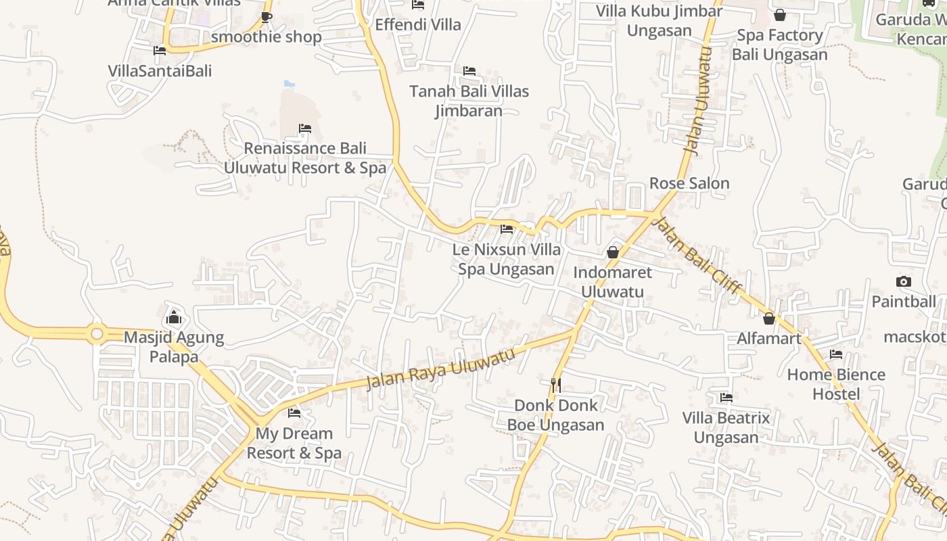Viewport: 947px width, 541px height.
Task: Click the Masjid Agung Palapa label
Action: click(174, 347)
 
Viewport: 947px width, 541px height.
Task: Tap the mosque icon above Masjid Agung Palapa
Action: click(174, 316)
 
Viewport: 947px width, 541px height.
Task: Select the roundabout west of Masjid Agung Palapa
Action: click(97, 333)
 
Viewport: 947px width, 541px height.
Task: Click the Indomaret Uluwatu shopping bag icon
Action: click(613, 252)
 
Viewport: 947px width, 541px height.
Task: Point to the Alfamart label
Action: click(769, 338)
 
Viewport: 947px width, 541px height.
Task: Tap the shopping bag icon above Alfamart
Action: click(769, 318)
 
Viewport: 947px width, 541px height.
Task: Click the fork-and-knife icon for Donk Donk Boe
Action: click(556, 385)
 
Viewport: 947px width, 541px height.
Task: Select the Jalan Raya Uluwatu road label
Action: click(440, 369)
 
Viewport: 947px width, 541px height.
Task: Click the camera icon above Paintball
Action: click(904, 281)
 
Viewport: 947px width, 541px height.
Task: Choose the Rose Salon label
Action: click(689, 183)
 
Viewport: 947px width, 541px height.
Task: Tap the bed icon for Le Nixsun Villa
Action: click(507, 229)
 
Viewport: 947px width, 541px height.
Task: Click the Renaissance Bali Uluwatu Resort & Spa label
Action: click(305, 158)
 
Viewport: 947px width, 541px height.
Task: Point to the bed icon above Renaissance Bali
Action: click(305, 128)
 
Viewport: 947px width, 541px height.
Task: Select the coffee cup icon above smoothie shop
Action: click(267, 17)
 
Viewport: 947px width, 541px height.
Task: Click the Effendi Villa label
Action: click(418, 25)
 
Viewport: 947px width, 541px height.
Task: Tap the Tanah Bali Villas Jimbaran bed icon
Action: click(469, 71)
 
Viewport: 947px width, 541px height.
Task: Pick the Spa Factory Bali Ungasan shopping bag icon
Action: click(780, 15)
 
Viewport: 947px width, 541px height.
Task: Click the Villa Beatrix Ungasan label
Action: click(726, 427)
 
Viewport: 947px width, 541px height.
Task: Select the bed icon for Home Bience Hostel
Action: click(837, 354)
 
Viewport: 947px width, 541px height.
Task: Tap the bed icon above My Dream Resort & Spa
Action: click(294, 413)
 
